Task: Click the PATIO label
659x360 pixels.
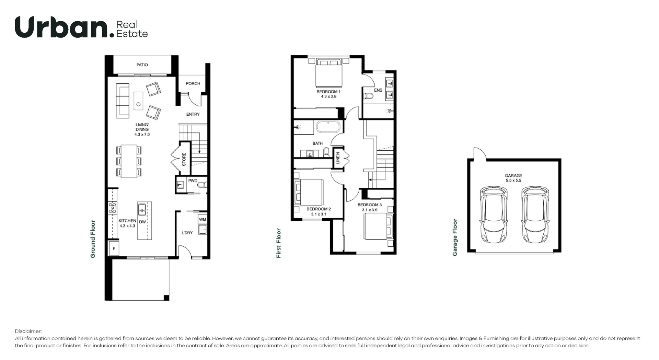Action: pos(142,65)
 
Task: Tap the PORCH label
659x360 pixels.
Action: pos(193,83)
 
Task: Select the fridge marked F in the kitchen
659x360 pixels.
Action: pos(114,248)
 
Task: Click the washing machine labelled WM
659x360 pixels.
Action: pos(203,220)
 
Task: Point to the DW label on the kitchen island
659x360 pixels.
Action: pos(142,222)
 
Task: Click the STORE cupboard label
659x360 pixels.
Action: pos(184,160)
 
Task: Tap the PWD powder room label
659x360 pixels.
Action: pos(193,181)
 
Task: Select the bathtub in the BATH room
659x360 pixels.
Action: pos(328,127)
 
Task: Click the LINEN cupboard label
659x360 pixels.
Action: pos(338,158)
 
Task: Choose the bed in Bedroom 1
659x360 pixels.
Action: pos(329,73)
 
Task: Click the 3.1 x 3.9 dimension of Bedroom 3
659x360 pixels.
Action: pos(369,210)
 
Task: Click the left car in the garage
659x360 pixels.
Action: pos(494,214)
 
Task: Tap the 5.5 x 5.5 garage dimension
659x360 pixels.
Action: pos(513,181)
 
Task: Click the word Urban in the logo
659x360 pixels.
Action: pos(62,27)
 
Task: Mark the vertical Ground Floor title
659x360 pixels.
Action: pos(93,239)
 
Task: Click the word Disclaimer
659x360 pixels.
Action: pos(28,331)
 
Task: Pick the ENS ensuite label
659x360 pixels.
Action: pos(378,90)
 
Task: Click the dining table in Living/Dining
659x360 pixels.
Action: pos(129,161)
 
